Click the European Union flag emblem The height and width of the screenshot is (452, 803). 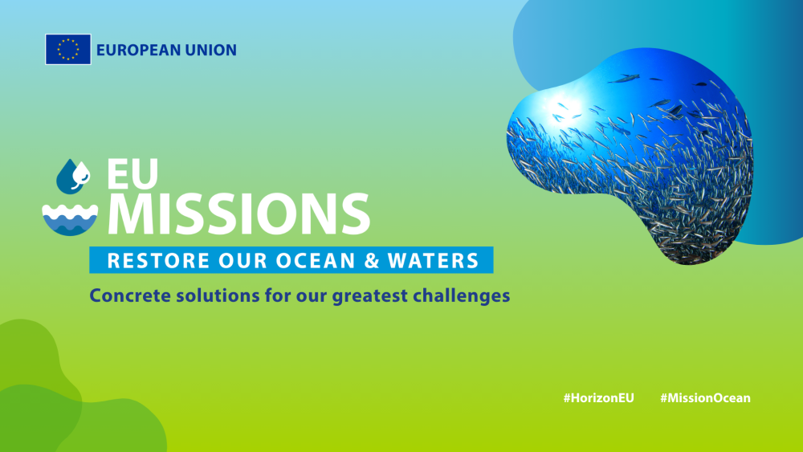[x=68, y=49]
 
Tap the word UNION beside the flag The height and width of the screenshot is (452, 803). [x=211, y=50]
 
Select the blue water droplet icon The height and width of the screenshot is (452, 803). [x=73, y=176]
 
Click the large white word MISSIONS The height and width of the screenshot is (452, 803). [x=238, y=214]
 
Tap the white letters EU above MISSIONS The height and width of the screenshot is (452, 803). [x=132, y=173]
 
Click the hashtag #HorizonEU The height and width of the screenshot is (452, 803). [x=599, y=397]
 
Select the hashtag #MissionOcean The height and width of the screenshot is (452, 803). [x=705, y=397]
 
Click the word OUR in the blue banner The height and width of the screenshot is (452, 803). [x=243, y=261]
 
